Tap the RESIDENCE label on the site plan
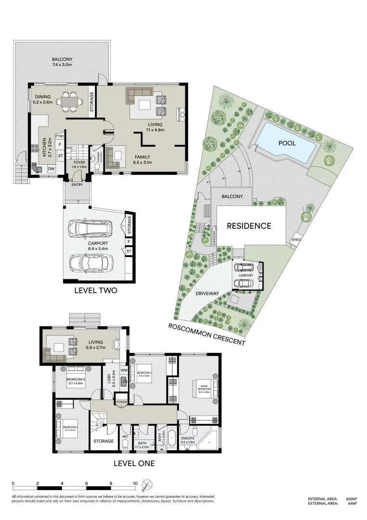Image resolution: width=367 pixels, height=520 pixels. (x=249, y=225)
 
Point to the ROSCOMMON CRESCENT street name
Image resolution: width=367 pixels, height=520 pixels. (x=207, y=335)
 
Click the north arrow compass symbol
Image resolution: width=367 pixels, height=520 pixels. (x=148, y=484)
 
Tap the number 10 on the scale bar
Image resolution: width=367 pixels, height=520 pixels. (x=135, y=483)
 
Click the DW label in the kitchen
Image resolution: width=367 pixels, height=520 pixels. (x=51, y=169)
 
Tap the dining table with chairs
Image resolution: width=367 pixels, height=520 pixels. (x=69, y=102)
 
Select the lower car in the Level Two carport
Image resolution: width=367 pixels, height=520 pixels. (x=90, y=262)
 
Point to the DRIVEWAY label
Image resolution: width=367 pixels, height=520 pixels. (x=207, y=293)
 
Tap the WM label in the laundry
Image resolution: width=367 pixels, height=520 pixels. (x=124, y=370)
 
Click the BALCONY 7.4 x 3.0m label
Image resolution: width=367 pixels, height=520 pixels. (x=62, y=61)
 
